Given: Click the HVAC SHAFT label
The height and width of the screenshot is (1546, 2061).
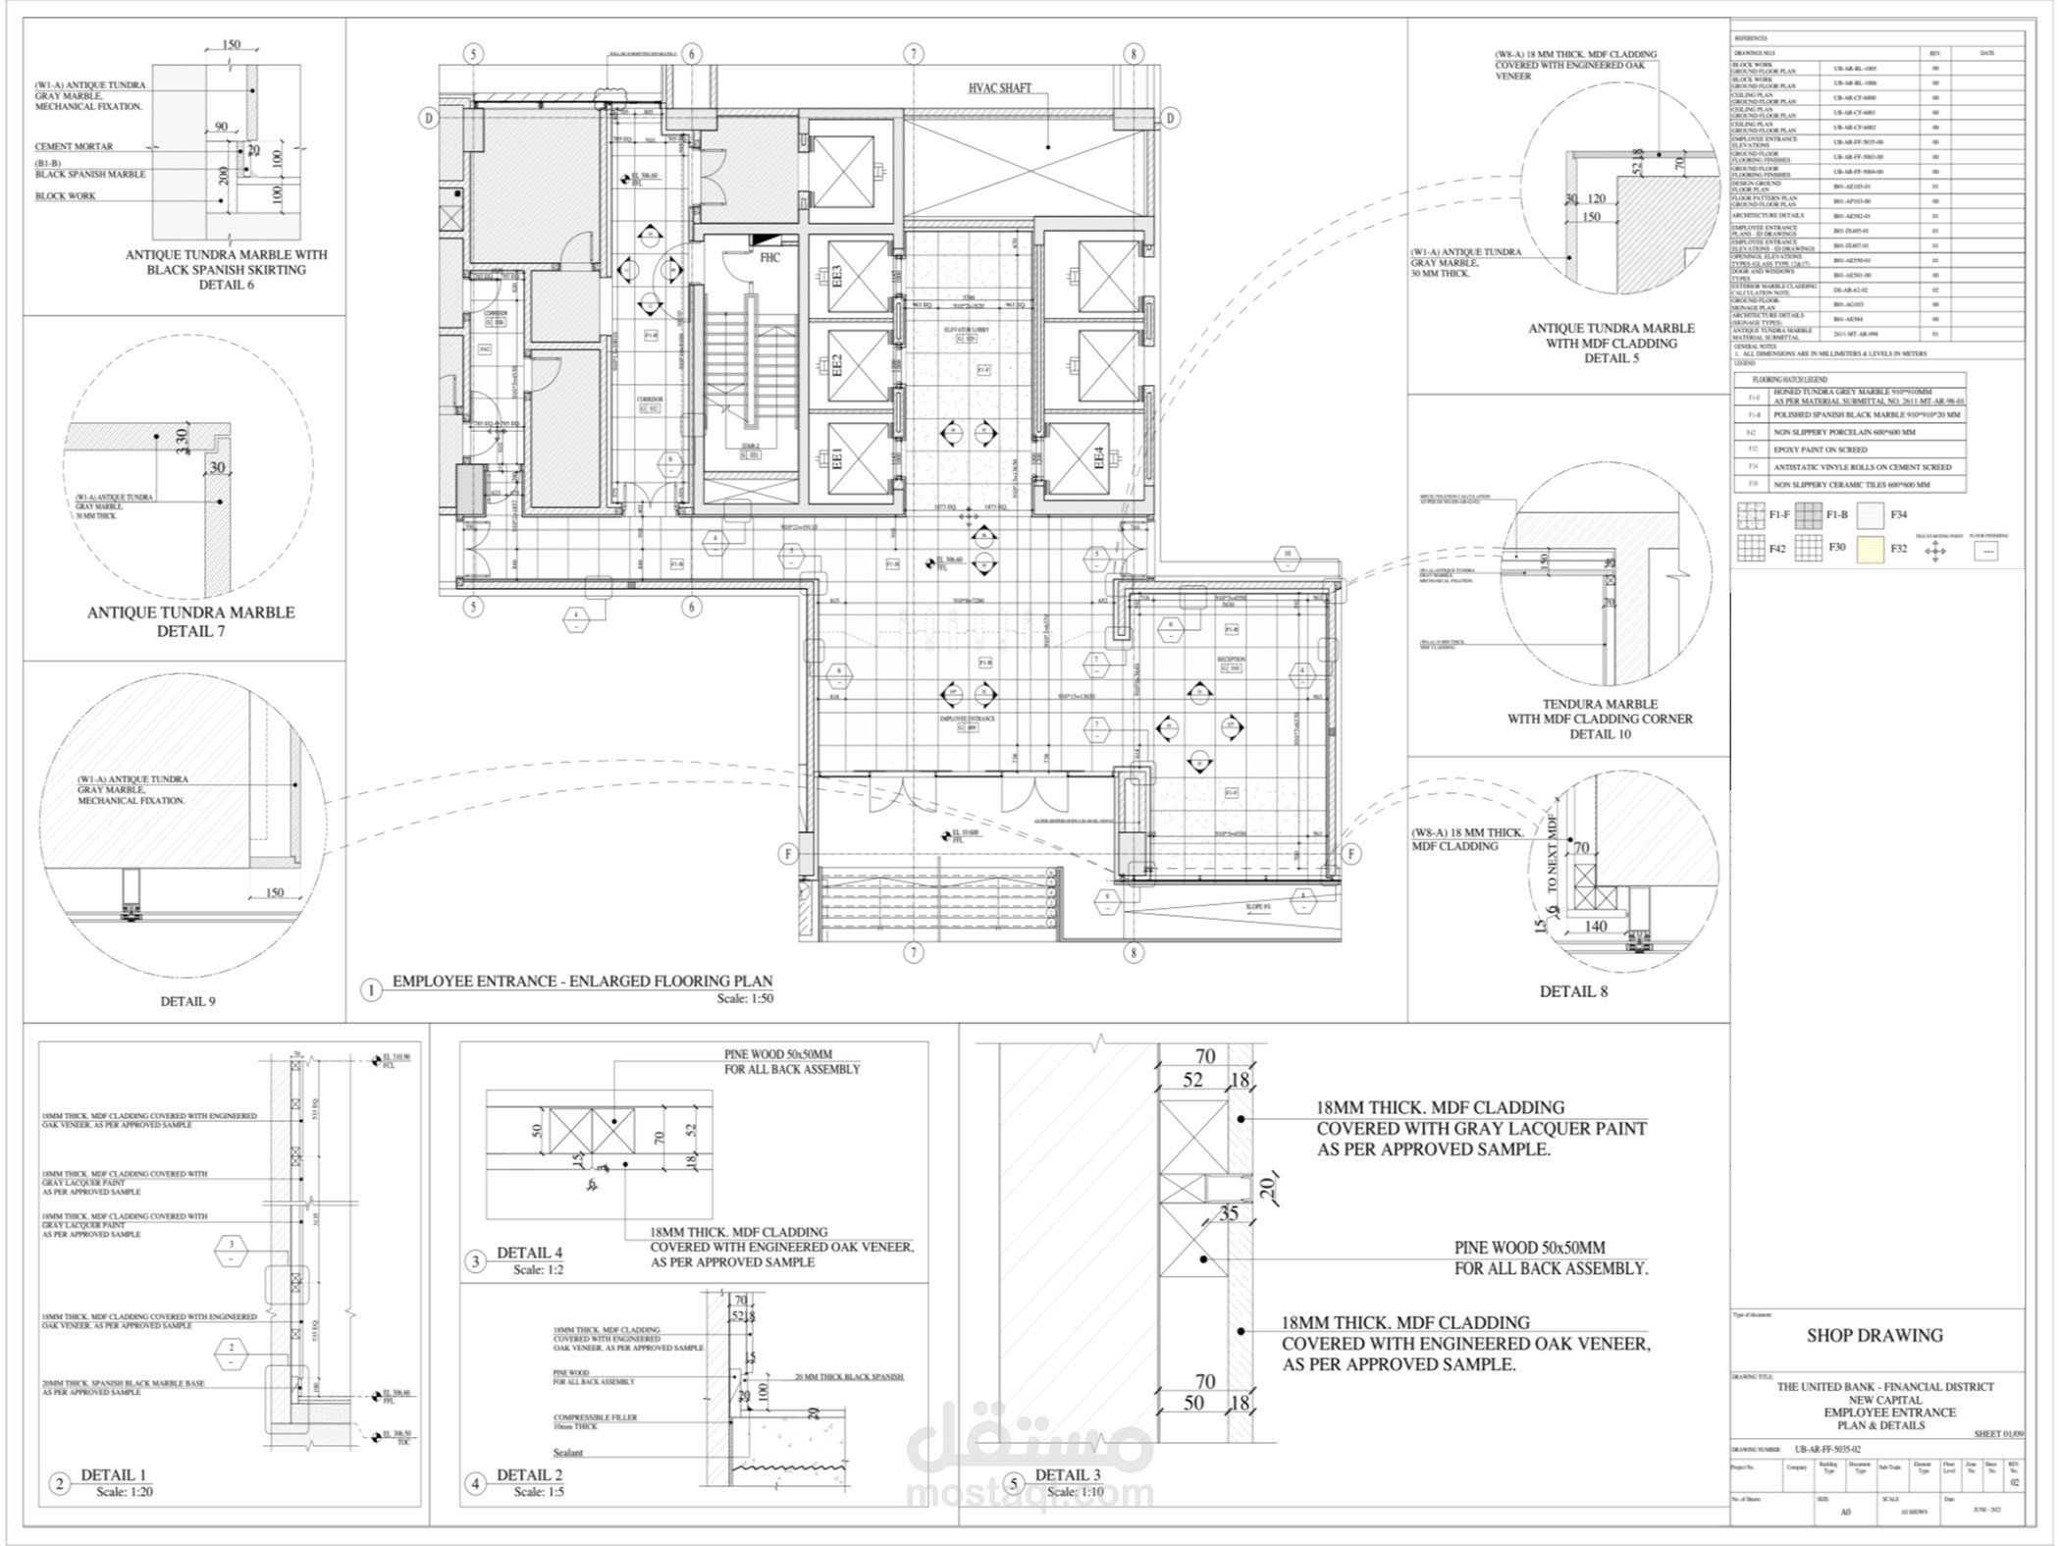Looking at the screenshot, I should click(999, 87).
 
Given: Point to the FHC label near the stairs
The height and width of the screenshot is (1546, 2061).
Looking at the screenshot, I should click(769, 258).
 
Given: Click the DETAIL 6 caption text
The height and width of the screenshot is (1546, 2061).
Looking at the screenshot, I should click(226, 285).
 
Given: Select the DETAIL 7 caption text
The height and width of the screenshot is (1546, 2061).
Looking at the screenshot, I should click(190, 631).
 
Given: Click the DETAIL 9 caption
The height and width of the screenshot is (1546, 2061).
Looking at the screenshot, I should click(187, 1001).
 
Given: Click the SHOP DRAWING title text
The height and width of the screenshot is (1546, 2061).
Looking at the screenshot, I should click(1874, 1335).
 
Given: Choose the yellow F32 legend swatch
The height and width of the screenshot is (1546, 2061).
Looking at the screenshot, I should click(1872, 548).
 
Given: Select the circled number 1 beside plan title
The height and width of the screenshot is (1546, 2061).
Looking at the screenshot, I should click(371, 990).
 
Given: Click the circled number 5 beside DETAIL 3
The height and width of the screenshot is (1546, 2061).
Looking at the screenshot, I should click(1014, 1482).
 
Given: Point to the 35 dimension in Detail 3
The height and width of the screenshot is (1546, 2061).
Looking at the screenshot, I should click(1229, 1213).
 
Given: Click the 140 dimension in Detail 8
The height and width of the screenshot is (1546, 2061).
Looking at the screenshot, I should click(1595, 926).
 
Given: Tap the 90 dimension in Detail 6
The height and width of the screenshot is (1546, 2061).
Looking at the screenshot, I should click(221, 127).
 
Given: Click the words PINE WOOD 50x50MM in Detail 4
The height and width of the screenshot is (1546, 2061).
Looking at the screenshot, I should click(778, 1055).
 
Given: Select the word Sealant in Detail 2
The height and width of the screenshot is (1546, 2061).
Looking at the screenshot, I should click(568, 1453).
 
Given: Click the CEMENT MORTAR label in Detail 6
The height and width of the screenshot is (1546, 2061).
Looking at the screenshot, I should click(74, 146).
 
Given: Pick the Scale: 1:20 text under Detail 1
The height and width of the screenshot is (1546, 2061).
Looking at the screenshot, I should click(124, 1492).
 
